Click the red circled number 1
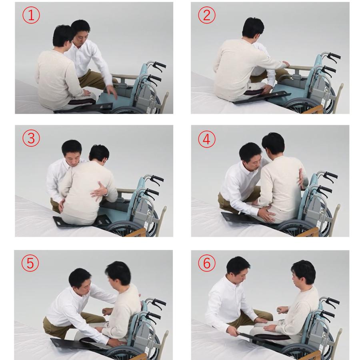(31, 15)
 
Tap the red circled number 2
(207, 15)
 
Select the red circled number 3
(31, 138)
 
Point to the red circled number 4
(207, 139)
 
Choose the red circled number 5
(30, 263)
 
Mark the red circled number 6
(207, 263)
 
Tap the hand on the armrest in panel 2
(285, 64)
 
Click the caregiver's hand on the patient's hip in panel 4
(266, 214)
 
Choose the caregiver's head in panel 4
(251, 156)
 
